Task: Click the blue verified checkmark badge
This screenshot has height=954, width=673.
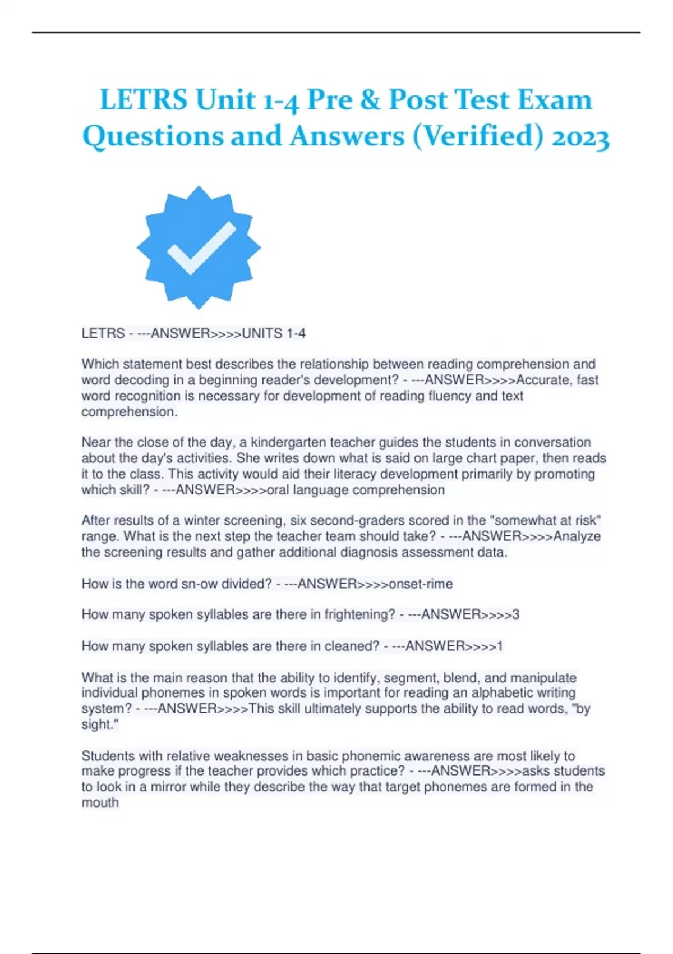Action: [199, 247]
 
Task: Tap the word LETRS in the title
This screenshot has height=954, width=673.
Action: [144, 100]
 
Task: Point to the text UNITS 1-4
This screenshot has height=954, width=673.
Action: [274, 333]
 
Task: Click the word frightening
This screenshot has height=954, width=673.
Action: [360, 614]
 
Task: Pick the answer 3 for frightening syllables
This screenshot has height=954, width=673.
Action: [516, 614]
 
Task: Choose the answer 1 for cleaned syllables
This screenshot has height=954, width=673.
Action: [500, 646]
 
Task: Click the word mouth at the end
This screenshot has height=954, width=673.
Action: [100, 802]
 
